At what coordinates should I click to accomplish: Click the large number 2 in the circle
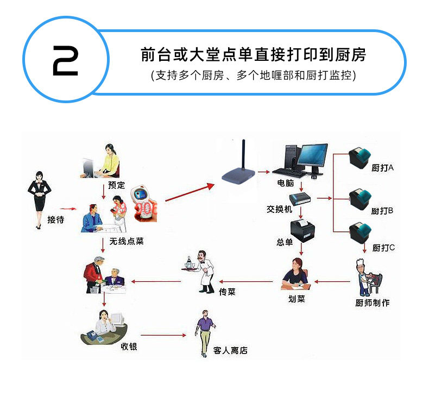coord(65,59)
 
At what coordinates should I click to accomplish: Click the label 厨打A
coord(382,168)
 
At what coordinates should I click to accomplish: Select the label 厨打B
coord(382,210)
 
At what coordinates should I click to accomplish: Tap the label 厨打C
coord(383,248)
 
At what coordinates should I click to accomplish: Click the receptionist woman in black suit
coord(39,198)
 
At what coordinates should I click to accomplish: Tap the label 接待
coord(55,220)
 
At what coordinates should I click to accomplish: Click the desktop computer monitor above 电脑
coord(313,155)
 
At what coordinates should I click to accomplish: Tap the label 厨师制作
coord(373,303)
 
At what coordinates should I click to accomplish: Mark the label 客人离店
coord(231,350)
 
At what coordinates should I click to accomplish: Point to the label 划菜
coord(296,298)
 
